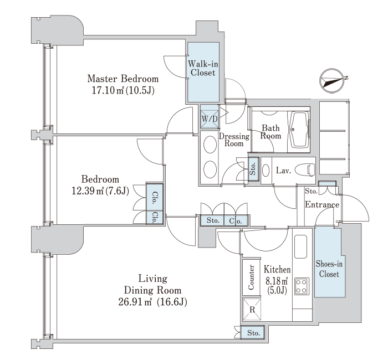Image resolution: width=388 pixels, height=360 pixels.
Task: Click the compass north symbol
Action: [332, 81]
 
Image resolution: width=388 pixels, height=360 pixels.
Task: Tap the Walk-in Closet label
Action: [203, 68]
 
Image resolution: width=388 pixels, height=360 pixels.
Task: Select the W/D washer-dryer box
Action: [210, 117]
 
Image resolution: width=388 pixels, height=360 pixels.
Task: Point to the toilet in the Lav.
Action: [306, 170]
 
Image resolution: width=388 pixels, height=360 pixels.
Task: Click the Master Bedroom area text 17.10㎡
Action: [123, 90]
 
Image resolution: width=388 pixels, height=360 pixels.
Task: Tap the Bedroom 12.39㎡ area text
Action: [100, 191]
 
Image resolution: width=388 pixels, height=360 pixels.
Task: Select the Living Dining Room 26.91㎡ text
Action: [152, 302]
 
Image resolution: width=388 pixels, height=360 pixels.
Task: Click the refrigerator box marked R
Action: [252, 309]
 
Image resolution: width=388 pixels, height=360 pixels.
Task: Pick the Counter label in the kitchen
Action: [252, 277]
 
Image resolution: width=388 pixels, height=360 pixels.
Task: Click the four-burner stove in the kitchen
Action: [302, 286]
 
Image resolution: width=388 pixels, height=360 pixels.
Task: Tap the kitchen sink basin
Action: [301, 246]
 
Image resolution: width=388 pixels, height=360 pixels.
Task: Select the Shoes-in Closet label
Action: [329, 269]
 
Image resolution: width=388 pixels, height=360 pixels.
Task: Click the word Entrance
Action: [322, 204]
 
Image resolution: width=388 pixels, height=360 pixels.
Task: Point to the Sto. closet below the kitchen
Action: [252, 333]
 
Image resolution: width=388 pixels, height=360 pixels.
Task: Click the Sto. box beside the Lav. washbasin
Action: [253, 169]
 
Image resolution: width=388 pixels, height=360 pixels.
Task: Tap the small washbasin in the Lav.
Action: [266, 171]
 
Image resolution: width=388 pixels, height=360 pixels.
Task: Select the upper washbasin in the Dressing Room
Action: [210, 144]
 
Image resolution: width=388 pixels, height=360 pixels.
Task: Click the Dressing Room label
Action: [234, 140]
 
